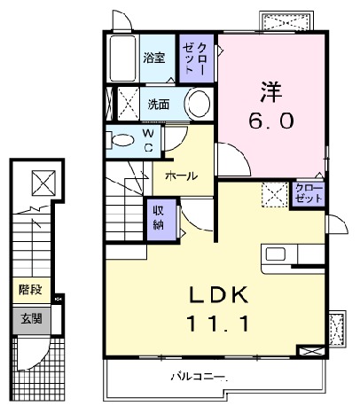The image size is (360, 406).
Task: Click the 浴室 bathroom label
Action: pyautogui.click(x=155, y=59)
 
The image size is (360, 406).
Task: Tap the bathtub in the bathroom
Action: pyautogui.click(x=122, y=59)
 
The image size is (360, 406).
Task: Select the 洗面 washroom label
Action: pyautogui.click(x=159, y=104)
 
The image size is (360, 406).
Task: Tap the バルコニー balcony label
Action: pyautogui.click(x=199, y=379)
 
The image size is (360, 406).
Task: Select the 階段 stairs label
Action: pyautogui.click(x=30, y=289)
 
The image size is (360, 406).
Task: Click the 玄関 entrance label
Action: pyautogui.click(x=30, y=318)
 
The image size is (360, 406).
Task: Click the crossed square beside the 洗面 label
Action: pyautogui.click(x=129, y=103)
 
